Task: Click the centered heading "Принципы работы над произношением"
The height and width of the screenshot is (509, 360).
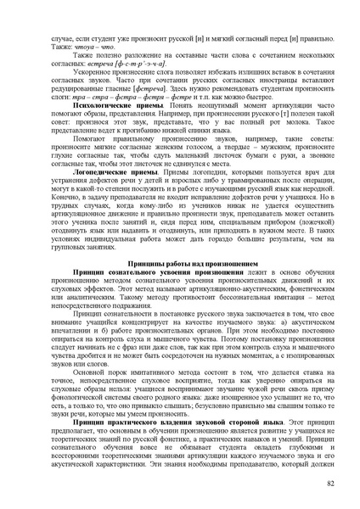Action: point(181,265)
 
